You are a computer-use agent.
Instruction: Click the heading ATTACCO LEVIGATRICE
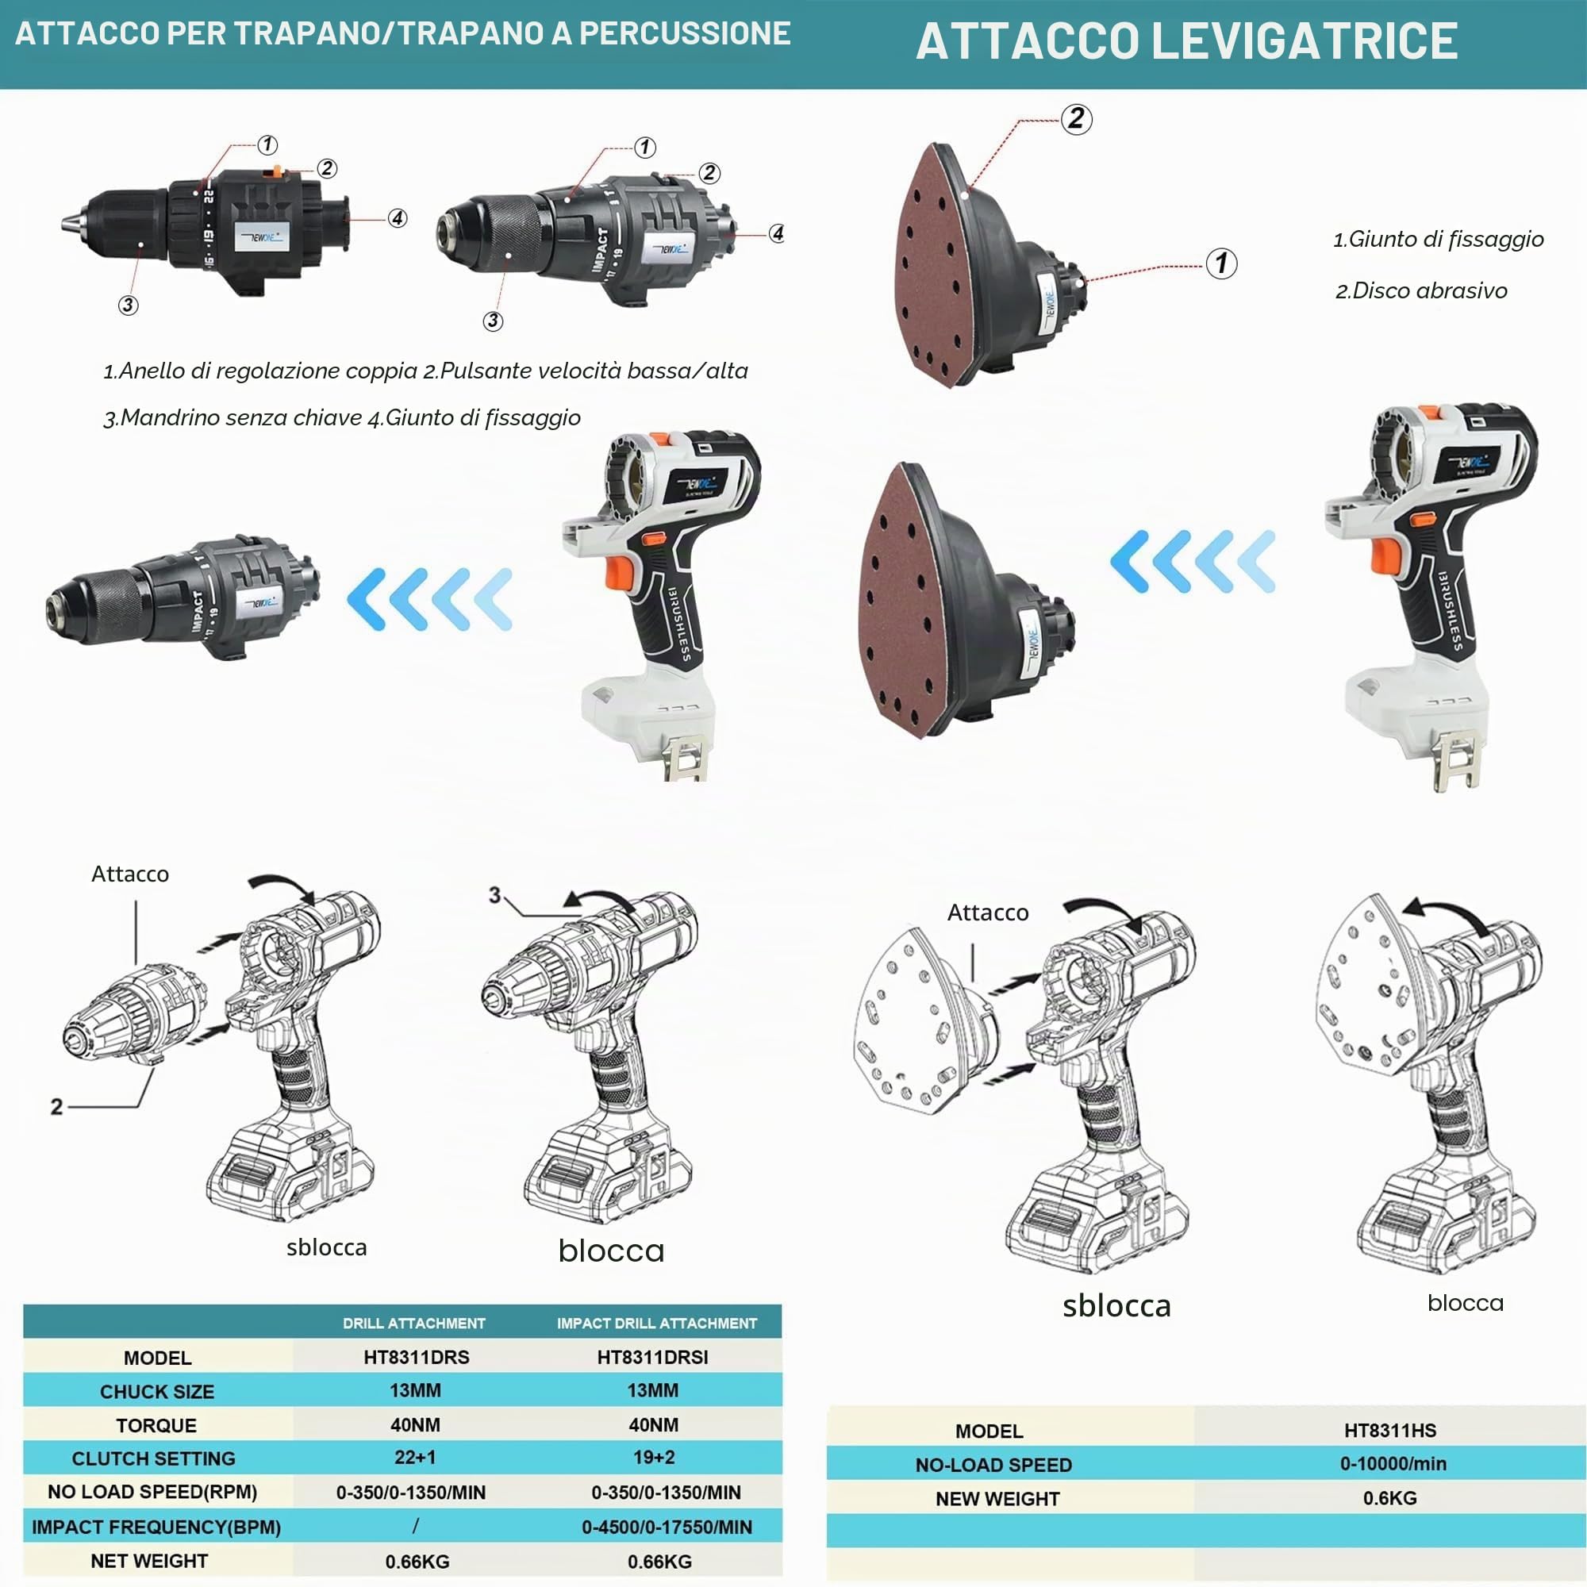tap(1186, 41)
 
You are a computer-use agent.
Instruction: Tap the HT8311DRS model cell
tap(417, 1357)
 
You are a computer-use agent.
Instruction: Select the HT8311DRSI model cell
tap(653, 1357)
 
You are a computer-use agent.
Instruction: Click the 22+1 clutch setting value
tap(416, 1457)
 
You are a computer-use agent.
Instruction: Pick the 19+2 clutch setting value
tap(654, 1457)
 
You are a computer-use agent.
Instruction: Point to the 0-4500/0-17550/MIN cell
tap(667, 1527)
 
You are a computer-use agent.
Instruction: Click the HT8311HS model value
tap(1390, 1430)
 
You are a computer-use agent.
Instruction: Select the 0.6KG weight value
tap(1390, 1497)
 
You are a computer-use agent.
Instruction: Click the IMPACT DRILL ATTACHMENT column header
tap(657, 1324)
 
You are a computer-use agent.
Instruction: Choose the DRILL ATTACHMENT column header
tap(414, 1324)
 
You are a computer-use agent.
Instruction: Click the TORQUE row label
tap(156, 1425)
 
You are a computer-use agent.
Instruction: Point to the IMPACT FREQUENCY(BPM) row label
tap(156, 1527)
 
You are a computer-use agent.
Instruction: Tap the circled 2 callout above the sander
tap(1076, 119)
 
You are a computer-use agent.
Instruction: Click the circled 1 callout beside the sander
tap(1221, 263)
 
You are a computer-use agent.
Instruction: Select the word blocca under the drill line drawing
tap(611, 1251)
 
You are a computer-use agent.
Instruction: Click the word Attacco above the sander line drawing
tap(987, 913)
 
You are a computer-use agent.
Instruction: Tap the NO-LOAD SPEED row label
tap(993, 1465)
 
